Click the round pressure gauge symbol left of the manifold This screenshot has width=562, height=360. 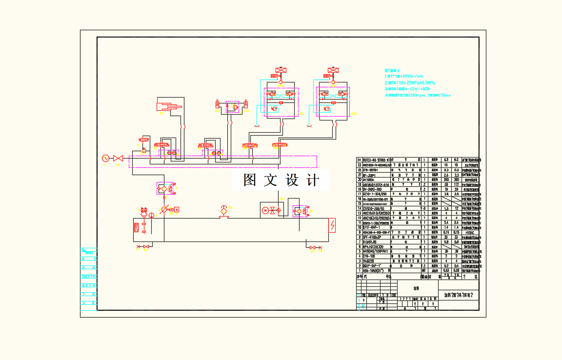105,159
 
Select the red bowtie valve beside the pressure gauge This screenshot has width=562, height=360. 118,159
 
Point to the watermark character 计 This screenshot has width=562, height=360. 312,180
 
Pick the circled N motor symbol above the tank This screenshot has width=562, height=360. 265,211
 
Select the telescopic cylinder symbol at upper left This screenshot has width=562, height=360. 169,105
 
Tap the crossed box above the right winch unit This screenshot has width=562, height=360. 333,70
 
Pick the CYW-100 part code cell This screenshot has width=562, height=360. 369,256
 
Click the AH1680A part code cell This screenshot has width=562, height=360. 369,180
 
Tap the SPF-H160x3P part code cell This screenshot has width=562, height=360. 372,237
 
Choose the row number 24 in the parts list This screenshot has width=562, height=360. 360,160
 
